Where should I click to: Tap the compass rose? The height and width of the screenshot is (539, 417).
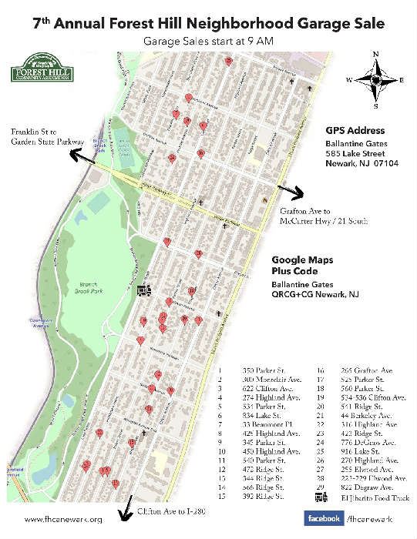[x=375, y=79]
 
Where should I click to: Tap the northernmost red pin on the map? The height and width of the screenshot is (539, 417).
[x=228, y=60]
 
